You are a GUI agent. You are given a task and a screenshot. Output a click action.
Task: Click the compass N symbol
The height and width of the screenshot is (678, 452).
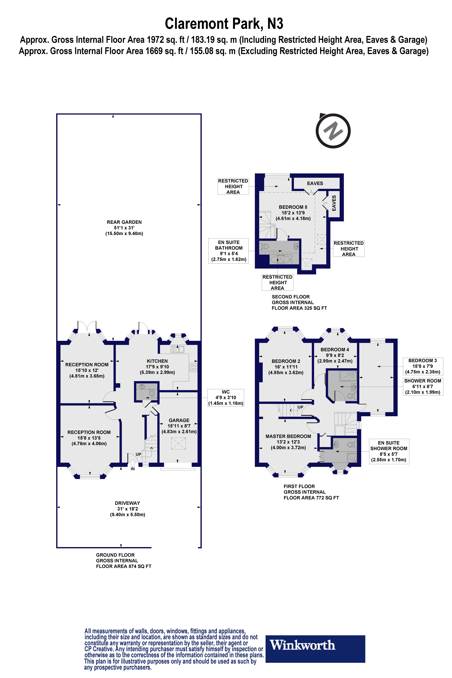(333, 131)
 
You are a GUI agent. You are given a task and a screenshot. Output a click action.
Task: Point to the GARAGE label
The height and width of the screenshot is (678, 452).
(179, 420)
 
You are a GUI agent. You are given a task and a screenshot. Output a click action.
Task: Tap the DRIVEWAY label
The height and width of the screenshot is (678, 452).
(127, 503)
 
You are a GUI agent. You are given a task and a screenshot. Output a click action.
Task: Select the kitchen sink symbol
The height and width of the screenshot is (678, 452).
(177, 349)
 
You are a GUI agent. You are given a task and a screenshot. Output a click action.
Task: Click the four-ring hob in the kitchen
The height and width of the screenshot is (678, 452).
(193, 368)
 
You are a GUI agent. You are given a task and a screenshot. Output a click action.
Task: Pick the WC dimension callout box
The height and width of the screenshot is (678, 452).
(226, 397)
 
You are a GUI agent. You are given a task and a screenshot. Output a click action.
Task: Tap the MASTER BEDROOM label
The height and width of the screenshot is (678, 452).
(288, 436)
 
